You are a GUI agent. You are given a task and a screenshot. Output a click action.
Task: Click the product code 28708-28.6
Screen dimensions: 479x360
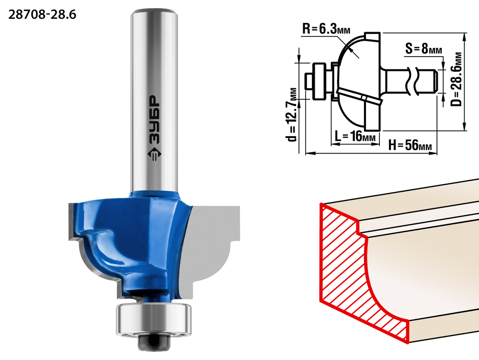click(42, 14)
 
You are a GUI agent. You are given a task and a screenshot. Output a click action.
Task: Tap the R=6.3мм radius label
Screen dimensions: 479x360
click(326, 29)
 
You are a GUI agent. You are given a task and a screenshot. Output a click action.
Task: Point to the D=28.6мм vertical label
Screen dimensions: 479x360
click(456, 79)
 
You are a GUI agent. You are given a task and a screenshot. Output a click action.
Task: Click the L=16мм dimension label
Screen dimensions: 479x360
click(355, 136)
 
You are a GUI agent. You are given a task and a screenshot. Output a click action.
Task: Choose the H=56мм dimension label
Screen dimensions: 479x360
click(410, 145)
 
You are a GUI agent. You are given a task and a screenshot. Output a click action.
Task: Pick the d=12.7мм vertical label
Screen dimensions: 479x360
click(292, 115)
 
